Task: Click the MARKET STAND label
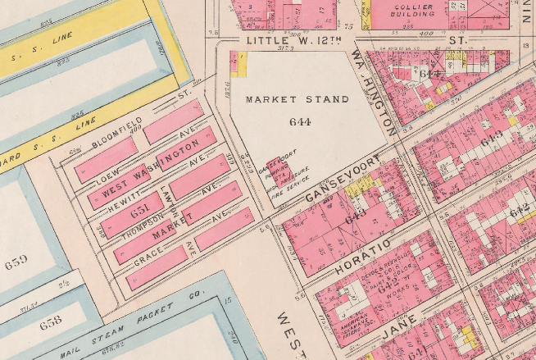[x=298, y=99]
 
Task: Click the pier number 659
[x=16, y=263]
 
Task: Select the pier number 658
[x=50, y=321]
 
